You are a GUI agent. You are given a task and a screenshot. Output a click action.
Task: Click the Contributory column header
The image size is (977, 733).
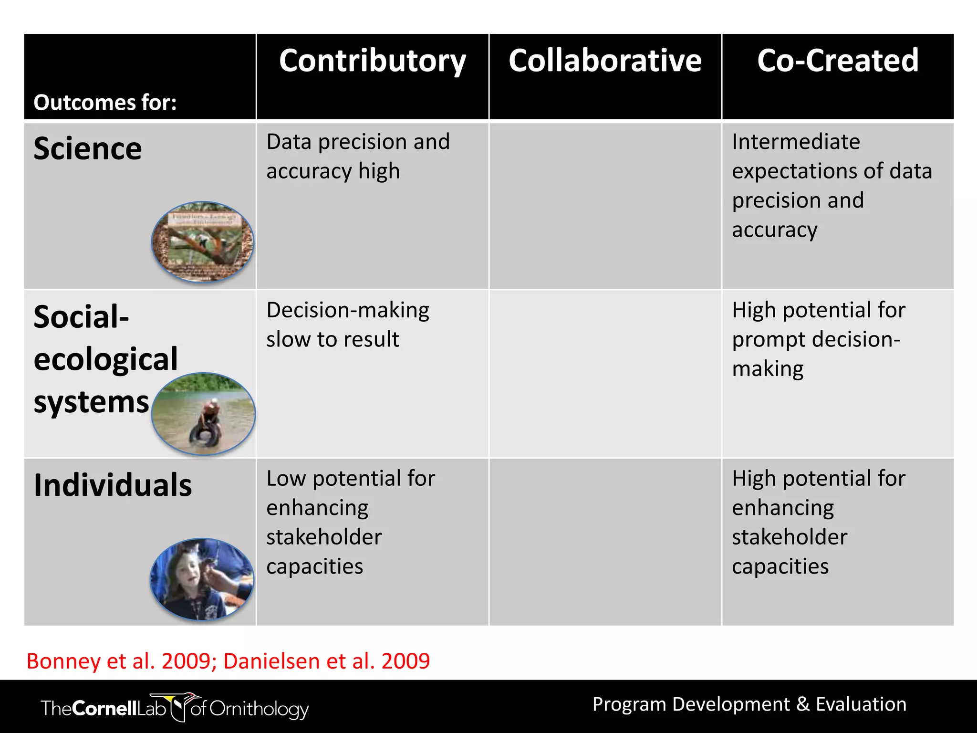coord(372,61)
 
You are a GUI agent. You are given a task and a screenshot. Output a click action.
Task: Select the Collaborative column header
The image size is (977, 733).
coord(605,61)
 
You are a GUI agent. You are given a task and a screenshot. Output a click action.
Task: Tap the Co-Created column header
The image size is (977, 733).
coord(838,61)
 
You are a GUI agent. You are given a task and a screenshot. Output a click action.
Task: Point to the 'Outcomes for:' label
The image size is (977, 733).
coord(105,103)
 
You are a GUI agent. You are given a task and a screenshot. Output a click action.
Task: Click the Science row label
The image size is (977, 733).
coord(88,148)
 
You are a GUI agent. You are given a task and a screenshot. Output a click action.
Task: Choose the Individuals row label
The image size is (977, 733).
coord(113,485)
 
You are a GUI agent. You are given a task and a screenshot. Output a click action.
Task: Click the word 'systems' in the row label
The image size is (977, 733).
coord(91,402)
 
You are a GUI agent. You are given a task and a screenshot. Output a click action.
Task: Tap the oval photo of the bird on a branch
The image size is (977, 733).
coord(203,242)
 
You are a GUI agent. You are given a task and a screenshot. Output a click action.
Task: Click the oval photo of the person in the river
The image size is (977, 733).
coord(204,413)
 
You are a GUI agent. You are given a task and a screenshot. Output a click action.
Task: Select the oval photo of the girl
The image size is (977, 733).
coord(202,579)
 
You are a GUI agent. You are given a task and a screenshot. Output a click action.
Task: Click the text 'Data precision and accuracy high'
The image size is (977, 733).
coord(358,156)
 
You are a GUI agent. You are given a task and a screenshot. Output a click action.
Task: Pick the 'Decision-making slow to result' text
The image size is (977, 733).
coord(347,325)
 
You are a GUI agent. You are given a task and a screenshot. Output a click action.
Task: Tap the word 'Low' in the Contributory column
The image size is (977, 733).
coord(286,478)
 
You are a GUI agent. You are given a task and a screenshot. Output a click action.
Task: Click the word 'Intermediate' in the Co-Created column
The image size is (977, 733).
coord(796,142)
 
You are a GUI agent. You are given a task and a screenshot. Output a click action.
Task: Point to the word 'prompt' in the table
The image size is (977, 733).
coord(769,339)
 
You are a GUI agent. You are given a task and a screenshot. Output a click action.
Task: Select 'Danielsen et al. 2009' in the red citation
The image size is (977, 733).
coord(326,661)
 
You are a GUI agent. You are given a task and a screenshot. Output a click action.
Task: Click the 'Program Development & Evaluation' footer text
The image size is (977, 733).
coord(749,704)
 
